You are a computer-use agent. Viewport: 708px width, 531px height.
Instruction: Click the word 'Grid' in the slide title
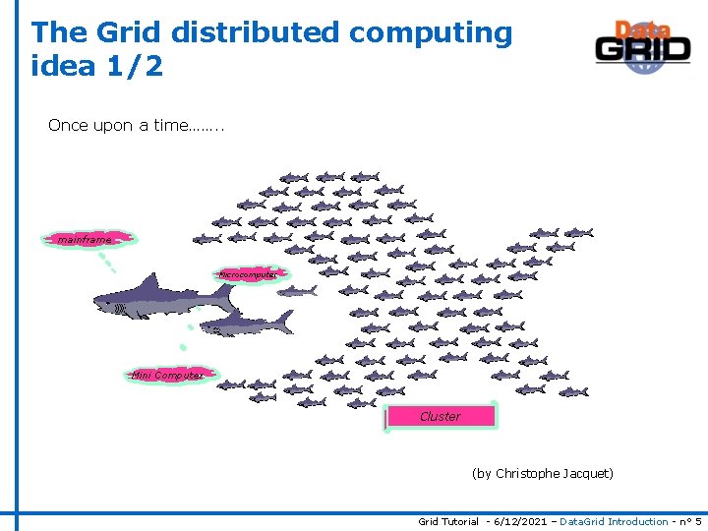[130, 32]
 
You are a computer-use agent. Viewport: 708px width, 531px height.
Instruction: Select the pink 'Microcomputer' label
[250, 274]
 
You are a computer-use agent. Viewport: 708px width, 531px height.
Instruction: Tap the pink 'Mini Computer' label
[167, 375]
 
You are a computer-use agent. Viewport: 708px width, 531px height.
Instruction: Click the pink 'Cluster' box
[441, 416]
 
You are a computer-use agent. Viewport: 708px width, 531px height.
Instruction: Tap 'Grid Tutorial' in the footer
[448, 521]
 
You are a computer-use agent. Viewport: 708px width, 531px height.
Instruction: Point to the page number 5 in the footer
[697, 521]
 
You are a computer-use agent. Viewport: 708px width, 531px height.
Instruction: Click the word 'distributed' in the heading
[256, 32]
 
